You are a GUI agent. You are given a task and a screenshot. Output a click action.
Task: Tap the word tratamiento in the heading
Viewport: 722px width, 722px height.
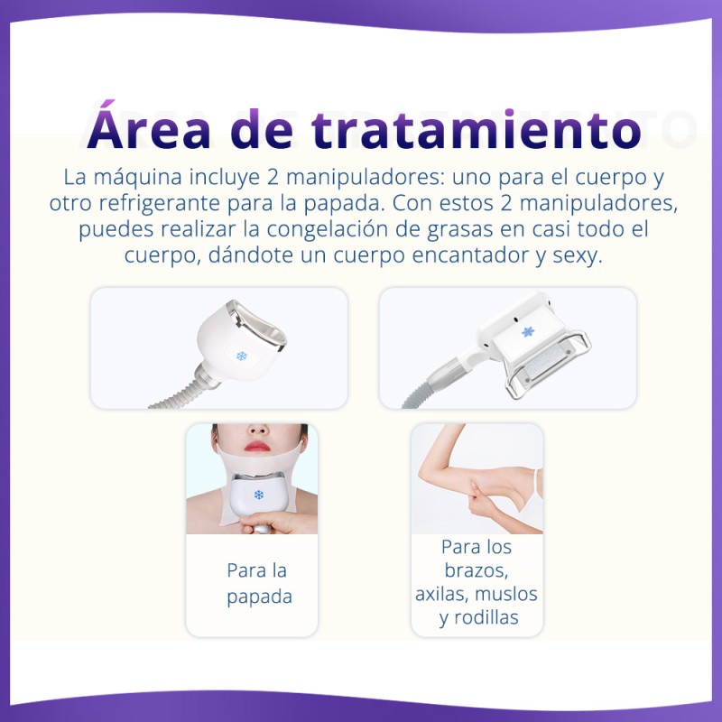(477, 129)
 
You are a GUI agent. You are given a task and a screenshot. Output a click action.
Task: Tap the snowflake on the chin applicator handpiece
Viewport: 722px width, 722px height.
(241, 356)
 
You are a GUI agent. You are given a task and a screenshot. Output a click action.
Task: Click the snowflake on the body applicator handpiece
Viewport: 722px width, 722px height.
(528, 331)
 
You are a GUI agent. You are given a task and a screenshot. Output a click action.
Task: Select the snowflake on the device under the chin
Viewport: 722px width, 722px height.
(259, 495)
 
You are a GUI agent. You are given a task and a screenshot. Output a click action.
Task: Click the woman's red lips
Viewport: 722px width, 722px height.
(257, 446)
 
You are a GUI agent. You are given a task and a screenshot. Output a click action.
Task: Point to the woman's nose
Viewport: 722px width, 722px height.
(258, 430)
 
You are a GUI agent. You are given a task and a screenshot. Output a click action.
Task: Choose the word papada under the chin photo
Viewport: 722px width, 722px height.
(259, 597)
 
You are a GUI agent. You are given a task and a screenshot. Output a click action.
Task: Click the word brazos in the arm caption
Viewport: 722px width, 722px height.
(477, 570)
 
